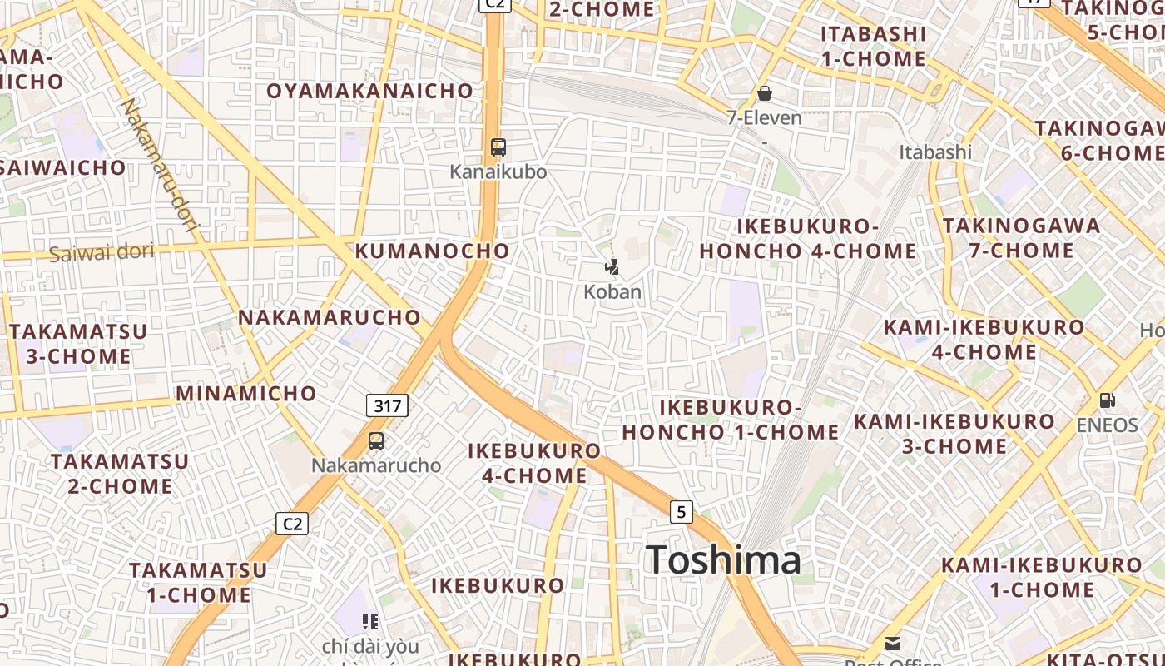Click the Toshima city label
click(723, 559)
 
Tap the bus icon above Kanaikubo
click(498, 147)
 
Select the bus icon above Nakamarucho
click(376, 441)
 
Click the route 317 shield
click(387, 406)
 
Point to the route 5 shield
click(681, 511)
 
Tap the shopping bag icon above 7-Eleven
click(764, 93)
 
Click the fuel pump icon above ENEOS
click(1107, 400)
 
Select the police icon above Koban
click(612, 267)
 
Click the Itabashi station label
click(935, 152)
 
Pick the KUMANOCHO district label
click(433, 251)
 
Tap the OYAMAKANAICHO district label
click(369, 91)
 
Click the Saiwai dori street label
click(102, 252)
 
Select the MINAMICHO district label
click(246, 393)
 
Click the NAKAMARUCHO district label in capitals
click(330, 317)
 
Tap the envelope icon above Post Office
click(893, 643)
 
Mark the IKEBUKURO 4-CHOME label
click(534, 463)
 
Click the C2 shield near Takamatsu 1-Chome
click(292, 524)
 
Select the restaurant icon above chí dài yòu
click(370, 621)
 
